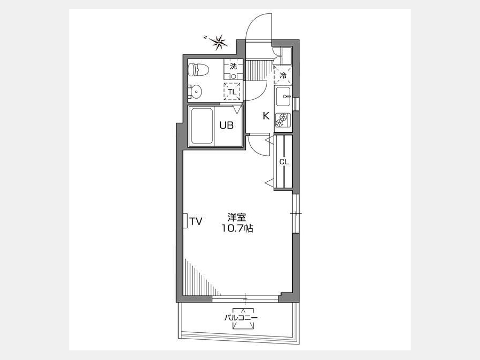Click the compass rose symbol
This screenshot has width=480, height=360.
[x=220, y=42]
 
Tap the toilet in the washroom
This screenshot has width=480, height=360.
[x=198, y=70]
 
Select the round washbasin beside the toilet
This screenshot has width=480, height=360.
[x=195, y=91]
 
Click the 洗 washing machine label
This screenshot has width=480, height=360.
[x=234, y=66]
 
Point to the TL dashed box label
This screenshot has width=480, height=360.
[x=232, y=92]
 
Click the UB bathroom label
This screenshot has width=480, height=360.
[x=227, y=125]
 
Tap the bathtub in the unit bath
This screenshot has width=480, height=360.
[x=202, y=126]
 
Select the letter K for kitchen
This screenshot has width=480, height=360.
[x=266, y=116]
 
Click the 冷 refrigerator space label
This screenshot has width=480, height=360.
[x=284, y=76]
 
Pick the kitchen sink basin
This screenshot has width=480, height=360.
[x=283, y=97]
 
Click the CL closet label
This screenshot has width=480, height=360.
[x=284, y=162]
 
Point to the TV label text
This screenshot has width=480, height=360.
[x=196, y=221]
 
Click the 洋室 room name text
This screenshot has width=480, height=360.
[x=237, y=218]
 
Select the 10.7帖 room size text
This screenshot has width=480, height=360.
[x=237, y=228]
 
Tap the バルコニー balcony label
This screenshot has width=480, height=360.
[x=241, y=318]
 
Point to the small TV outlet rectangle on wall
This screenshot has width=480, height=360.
[x=185, y=220]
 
